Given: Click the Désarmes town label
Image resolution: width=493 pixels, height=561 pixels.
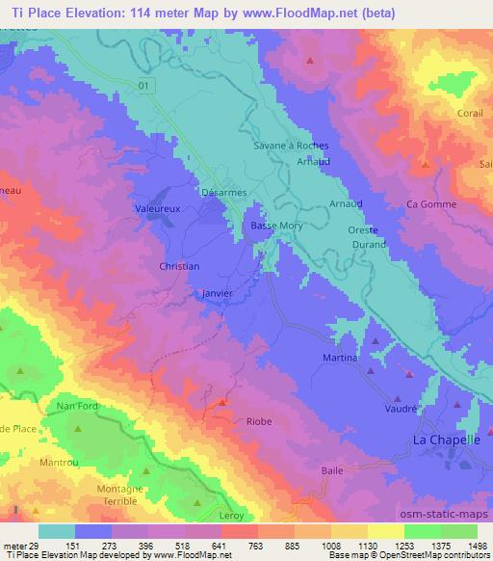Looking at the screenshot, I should coord(223,192).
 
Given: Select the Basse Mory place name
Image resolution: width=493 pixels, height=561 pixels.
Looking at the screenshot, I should coord(277,226).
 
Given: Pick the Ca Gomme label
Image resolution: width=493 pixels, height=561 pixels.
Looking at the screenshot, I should coord(430,203).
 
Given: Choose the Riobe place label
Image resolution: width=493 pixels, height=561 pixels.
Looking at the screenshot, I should coord(259,421).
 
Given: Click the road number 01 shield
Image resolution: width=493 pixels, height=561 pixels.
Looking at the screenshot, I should coord(143,86).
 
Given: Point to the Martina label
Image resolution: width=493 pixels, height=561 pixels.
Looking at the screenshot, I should coord(340,358).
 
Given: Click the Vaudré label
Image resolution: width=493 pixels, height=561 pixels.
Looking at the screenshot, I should coord(400,409).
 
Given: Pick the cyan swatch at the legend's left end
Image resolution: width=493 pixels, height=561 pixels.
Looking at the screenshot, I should coord(58,531).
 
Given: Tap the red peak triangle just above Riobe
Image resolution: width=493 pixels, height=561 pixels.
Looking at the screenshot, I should coord(222,402).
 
